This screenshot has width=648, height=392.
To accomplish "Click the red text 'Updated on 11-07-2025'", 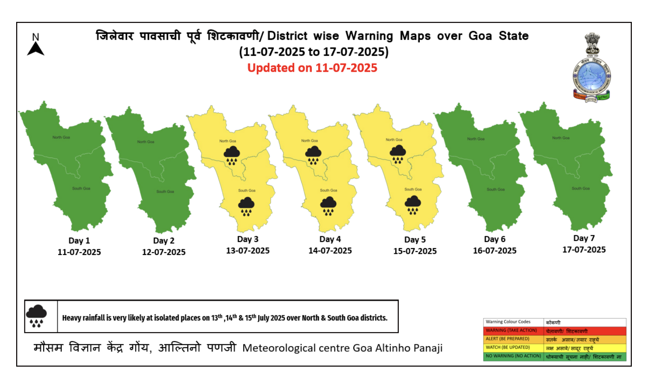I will pos(312,68).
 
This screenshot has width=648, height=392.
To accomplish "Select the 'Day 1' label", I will pos(79,241).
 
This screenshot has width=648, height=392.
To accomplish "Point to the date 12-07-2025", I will pos(164,252).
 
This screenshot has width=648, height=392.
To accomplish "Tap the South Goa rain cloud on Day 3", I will pos(246,206).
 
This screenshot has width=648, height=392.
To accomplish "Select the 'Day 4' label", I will pos(330,239).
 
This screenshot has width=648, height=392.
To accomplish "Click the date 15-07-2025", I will pos(415,251).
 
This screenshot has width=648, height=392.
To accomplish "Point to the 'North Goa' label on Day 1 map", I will pos(61,137).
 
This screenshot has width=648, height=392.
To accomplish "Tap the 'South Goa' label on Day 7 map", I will pos(581,189).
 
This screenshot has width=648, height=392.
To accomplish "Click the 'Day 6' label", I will pos(495,239).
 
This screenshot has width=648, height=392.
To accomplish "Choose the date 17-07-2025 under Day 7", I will pos(584,250).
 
